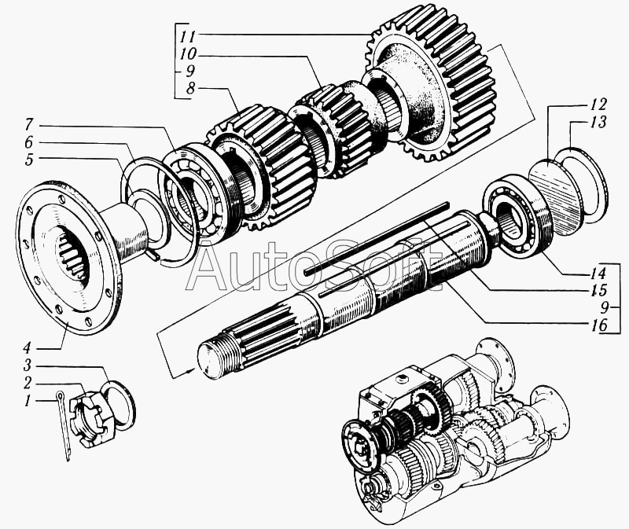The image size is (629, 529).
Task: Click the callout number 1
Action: tap(28, 401)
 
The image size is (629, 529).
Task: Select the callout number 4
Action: tap(27, 346)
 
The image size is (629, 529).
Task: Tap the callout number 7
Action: tap(28, 125)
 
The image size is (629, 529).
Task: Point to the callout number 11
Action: tap(188, 36)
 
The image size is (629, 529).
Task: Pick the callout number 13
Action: tap(598, 123)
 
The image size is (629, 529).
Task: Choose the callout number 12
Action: tap(598, 105)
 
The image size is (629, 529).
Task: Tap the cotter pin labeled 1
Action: tap(64, 426)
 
